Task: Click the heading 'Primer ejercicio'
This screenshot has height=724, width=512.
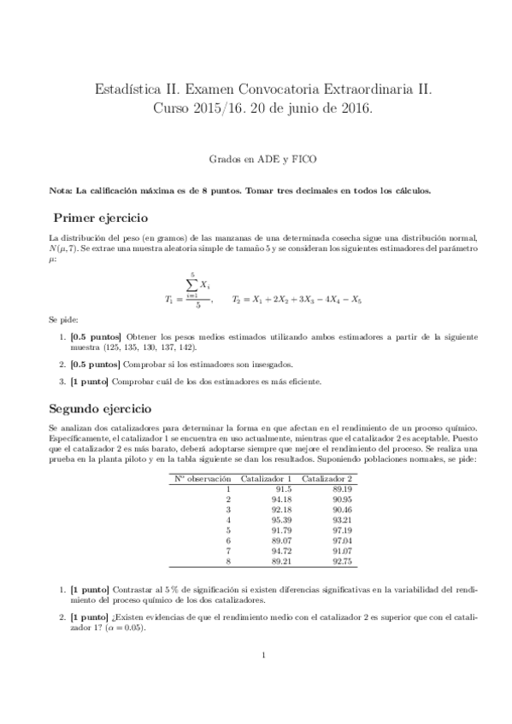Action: pos(101,218)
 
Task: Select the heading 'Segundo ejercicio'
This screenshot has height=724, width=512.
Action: pos(105,409)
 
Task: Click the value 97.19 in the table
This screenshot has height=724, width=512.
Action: pos(342,528)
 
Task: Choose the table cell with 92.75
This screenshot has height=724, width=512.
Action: pos(342,561)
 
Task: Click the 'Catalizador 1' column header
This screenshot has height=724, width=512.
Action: pos(267,478)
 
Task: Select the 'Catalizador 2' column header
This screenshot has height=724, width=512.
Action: pos(327,478)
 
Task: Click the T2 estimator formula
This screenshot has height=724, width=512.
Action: pos(297,300)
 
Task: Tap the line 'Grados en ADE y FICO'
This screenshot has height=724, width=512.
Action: pos(264,159)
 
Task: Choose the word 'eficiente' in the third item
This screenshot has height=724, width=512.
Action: pos(298,382)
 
